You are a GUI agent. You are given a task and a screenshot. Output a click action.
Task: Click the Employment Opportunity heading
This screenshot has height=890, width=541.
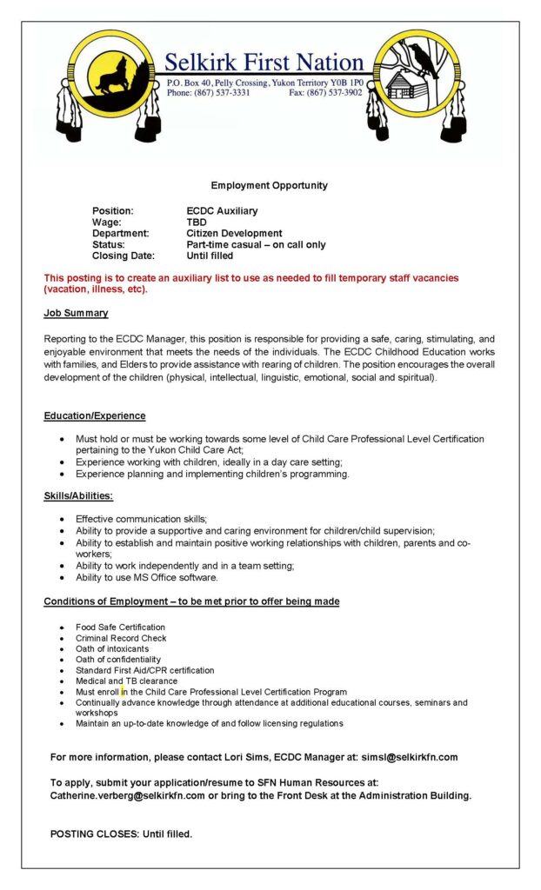coord(270,185)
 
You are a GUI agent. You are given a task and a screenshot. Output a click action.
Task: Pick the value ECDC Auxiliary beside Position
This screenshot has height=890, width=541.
coord(222,211)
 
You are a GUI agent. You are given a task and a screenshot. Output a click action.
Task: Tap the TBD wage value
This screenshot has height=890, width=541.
coord(197,222)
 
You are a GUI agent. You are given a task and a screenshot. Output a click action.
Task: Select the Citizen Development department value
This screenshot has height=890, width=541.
coord(234,234)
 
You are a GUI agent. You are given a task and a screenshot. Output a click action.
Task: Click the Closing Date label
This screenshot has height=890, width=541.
coord(124,256)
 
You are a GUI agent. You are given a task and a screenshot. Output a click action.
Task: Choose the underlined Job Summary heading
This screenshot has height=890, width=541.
coord(77,313)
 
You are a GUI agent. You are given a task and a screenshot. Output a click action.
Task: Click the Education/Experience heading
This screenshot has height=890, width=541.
coord(95,416)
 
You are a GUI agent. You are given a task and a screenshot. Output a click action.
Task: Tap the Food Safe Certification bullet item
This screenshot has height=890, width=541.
coord(120,627)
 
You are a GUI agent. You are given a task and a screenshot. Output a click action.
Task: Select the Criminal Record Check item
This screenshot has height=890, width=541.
coord(121,638)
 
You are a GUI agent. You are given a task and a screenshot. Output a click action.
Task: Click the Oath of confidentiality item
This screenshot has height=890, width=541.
coord(118,660)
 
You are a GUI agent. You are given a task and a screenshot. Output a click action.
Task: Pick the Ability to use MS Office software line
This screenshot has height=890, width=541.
coord(147,577)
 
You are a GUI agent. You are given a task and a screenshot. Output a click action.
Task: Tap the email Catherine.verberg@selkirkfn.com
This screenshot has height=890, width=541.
coord(128,795)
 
